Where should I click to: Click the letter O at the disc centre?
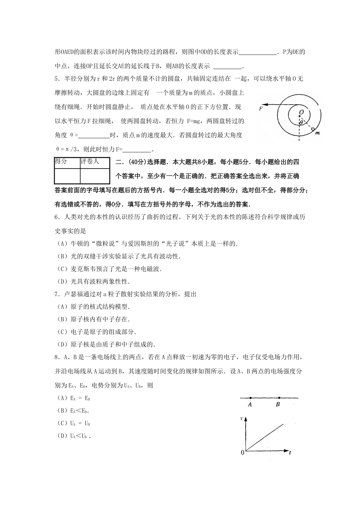coord(301,112)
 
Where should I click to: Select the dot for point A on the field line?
coord(250,398)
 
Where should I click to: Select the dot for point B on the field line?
coord(279,398)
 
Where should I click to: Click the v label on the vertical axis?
coord(242,418)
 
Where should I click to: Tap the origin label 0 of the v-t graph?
coord(243,453)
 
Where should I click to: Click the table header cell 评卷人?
coord(90,162)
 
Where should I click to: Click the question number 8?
coord(57,357)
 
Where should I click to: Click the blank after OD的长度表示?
coord(258,52)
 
